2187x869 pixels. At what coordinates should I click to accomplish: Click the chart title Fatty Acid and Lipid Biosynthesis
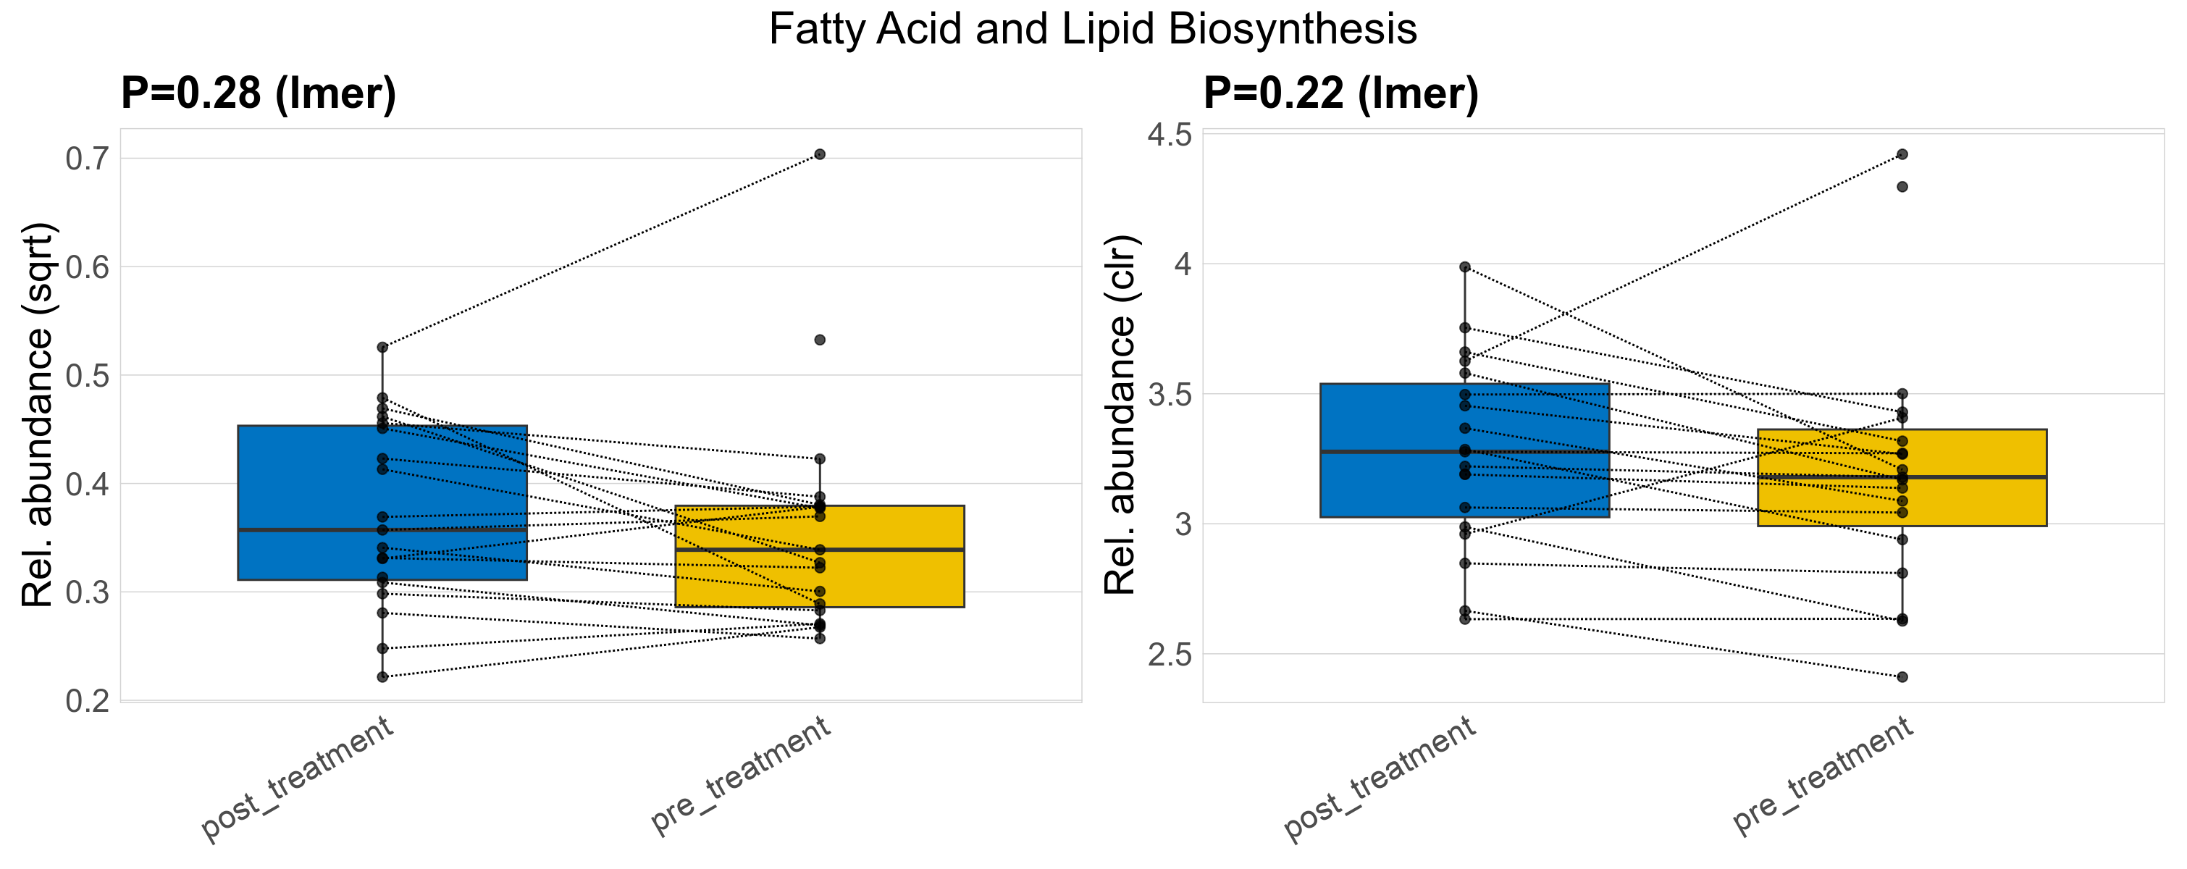(1092, 29)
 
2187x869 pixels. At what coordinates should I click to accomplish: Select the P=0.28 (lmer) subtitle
(258, 93)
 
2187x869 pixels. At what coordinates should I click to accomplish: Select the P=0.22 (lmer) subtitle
(1340, 93)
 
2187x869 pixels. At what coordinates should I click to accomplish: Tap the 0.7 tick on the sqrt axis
(88, 159)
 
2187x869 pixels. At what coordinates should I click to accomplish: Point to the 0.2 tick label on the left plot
(88, 701)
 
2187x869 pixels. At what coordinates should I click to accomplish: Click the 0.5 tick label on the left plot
(88, 375)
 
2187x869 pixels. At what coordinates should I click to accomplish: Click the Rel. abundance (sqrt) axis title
(38, 415)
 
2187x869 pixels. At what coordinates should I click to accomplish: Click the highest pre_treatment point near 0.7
(819, 154)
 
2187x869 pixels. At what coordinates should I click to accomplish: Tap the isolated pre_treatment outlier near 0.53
(819, 340)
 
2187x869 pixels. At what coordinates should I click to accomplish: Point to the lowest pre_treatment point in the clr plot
(1902, 677)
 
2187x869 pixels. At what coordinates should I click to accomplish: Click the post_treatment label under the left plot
(297, 778)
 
